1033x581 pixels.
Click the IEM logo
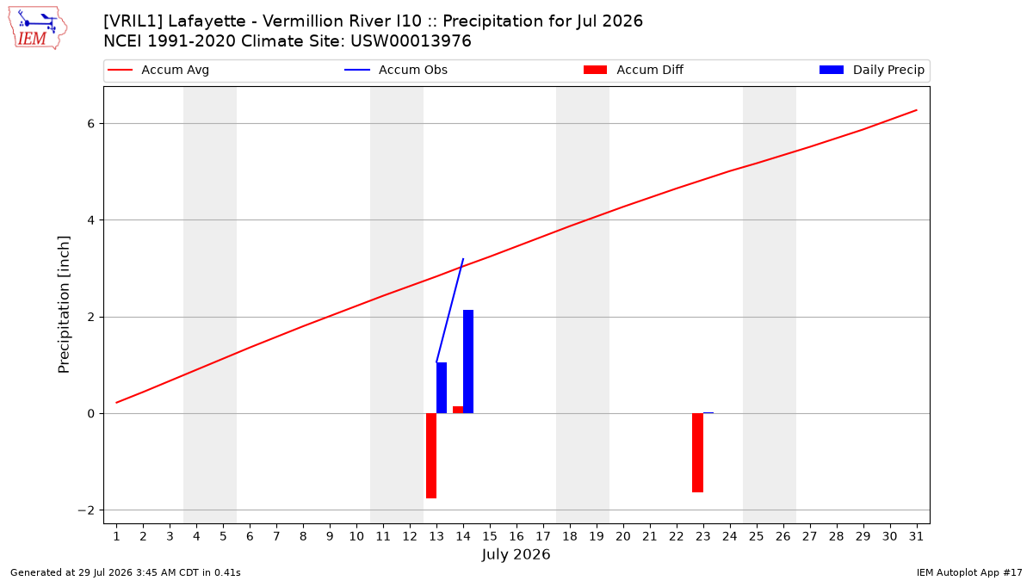(x=38, y=28)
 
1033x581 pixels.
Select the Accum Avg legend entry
(x=158, y=70)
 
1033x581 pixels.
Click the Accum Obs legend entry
(x=396, y=70)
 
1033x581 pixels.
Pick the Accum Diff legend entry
(x=634, y=70)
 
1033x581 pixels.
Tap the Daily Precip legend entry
(x=871, y=70)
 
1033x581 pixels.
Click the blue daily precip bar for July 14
(x=468, y=362)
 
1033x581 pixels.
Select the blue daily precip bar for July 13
(x=442, y=388)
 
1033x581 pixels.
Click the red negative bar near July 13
(x=431, y=455)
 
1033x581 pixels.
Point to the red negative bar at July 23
(x=698, y=453)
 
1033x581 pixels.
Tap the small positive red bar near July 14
(x=458, y=410)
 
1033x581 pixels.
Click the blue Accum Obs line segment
(x=449, y=311)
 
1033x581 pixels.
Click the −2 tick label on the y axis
(x=86, y=510)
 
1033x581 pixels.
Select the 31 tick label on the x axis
(x=916, y=536)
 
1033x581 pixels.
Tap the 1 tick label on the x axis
(x=117, y=536)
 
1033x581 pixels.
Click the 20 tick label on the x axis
(x=623, y=536)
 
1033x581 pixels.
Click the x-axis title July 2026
(x=516, y=554)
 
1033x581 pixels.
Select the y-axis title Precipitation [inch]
(x=64, y=305)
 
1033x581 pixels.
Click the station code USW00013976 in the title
(x=411, y=41)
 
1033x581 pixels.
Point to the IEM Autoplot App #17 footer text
(x=969, y=572)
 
